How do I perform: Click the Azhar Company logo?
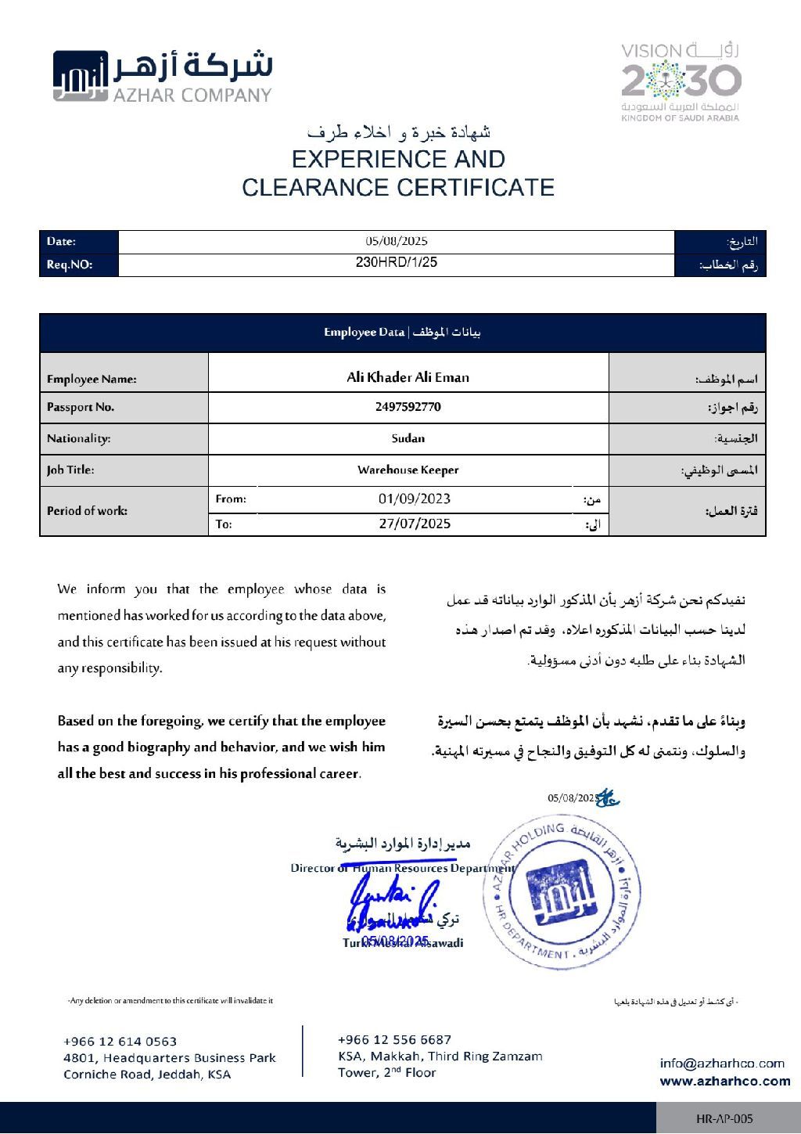click(162, 76)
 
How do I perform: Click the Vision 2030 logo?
click(681, 81)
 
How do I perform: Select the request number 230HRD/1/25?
click(397, 263)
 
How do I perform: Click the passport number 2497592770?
click(408, 407)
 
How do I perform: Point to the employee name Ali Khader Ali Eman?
click(408, 377)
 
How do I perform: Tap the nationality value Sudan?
click(408, 438)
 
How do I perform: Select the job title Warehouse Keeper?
click(408, 470)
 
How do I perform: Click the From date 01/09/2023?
click(415, 499)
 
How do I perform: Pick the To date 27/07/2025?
click(415, 524)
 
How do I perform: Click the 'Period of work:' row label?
click(87, 511)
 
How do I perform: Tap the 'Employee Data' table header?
click(402, 333)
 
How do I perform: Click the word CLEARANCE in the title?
click(315, 188)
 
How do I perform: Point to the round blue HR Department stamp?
click(561, 892)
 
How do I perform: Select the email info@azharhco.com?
click(721, 1063)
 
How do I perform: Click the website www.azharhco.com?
click(724, 1081)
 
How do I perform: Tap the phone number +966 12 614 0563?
click(120, 1041)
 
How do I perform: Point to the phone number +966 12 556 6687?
click(394, 1039)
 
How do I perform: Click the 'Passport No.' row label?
click(81, 407)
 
